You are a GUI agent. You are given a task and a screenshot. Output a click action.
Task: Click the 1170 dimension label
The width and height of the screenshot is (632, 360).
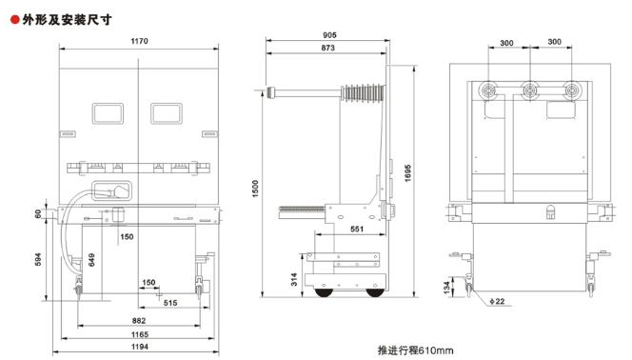tap(140, 41)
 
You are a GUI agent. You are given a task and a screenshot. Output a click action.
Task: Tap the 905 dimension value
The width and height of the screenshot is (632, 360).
tap(329, 35)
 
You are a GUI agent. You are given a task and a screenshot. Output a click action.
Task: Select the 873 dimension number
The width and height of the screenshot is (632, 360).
tap(327, 48)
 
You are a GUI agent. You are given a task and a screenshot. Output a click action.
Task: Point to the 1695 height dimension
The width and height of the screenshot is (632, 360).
tap(407, 173)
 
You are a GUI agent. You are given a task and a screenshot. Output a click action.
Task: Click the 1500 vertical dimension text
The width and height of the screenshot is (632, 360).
tap(255, 189)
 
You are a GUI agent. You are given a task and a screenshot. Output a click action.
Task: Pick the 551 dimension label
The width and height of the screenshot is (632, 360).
tap(357, 229)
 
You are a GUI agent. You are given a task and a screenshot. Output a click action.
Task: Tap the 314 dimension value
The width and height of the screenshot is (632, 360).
tap(294, 279)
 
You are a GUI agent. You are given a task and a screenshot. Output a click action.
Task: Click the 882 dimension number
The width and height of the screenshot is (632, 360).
tap(139, 321)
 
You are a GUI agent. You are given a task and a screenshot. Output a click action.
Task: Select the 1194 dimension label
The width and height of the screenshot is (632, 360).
tap(140, 347)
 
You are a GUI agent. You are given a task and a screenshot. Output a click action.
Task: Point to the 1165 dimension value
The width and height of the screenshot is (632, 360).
tap(140, 334)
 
